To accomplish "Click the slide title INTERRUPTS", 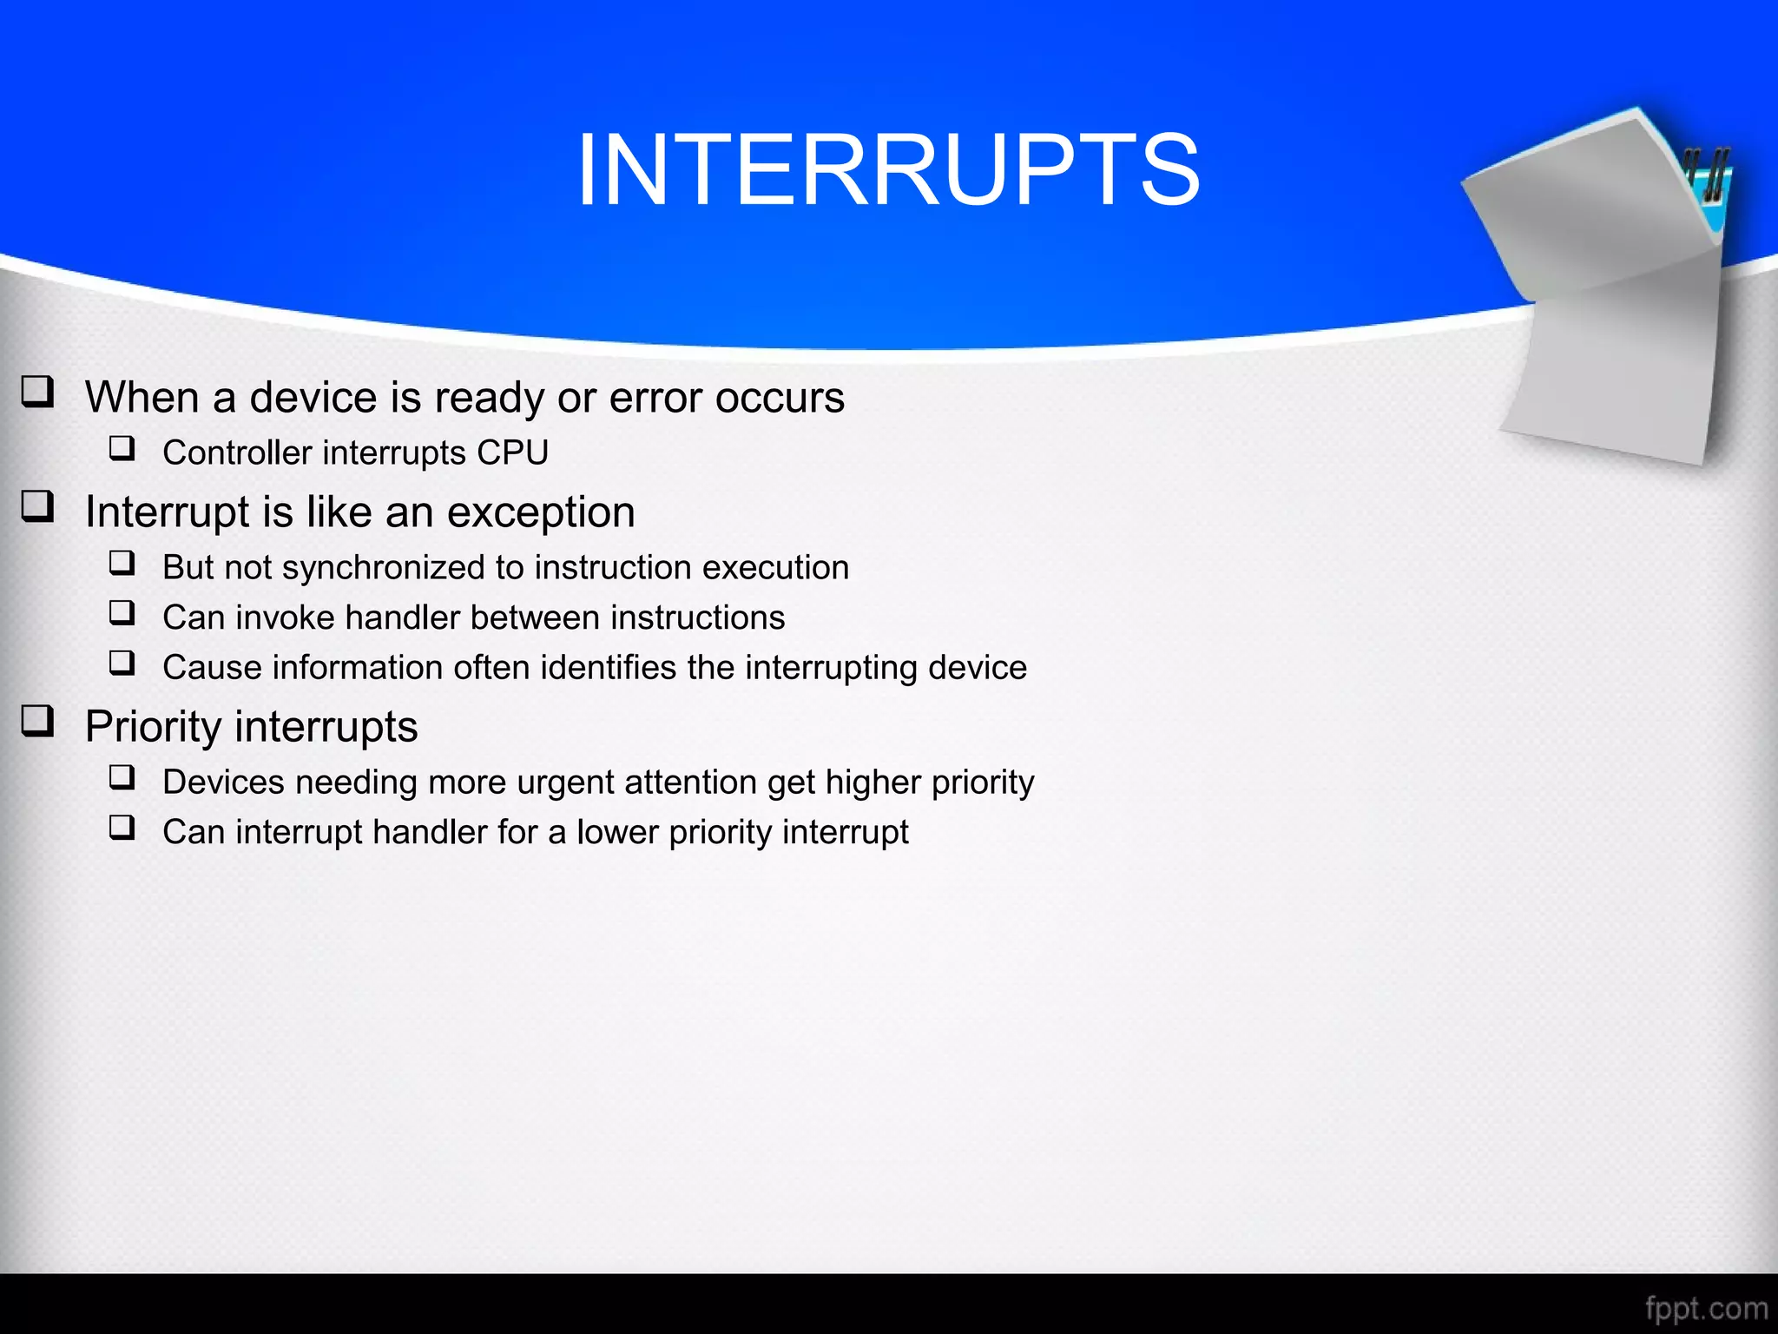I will tap(888, 170).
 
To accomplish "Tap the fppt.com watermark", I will tap(1706, 1308).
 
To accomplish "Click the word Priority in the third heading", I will tap(154, 728).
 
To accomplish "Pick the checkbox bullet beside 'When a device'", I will tap(38, 392).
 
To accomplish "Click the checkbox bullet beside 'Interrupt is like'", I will tap(38, 506).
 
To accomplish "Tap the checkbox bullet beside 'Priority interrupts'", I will tap(38, 721).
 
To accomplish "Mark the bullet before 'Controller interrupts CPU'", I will tap(122, 449).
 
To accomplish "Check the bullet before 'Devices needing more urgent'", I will tap(122, 777).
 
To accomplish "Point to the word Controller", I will tap(237, 453).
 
